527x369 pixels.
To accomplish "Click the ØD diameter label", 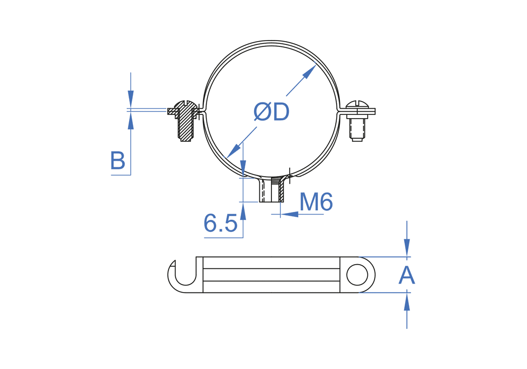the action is coord(271,112).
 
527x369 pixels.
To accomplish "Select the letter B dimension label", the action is coord(118,160).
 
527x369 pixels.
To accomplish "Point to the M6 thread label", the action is coord(316,202).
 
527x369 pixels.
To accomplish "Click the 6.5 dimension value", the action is coord(220,223).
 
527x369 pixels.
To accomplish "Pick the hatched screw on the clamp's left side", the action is coord(185,120).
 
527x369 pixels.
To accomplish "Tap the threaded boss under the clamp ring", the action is coord(271,190).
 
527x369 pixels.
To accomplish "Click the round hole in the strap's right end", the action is coord(357,275).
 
